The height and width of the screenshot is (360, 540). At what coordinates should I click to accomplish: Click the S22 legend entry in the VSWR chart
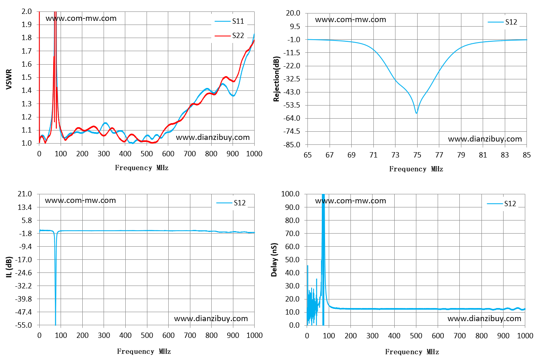coord(229,36)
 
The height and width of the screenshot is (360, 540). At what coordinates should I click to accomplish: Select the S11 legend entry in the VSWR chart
coord(229,21)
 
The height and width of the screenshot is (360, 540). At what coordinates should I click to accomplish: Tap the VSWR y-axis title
coord(9,79)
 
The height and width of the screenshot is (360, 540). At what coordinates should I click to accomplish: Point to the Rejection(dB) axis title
coord(276,79)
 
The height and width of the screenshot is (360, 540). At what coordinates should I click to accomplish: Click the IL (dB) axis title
coord(9,267)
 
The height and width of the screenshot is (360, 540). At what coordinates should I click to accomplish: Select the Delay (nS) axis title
coord(274,259)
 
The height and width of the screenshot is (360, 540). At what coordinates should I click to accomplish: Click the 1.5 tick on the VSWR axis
coord(27,77)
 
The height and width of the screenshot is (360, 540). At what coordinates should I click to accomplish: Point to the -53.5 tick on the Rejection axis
coord(293,105)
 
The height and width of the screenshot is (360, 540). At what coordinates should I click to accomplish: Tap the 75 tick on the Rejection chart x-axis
coord(417,155)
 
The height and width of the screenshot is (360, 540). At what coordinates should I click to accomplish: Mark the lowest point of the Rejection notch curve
coord(416,113)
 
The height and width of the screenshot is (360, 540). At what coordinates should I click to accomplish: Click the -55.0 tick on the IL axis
coord(24,325)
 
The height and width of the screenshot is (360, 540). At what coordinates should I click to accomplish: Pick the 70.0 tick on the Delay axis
coord(292,233)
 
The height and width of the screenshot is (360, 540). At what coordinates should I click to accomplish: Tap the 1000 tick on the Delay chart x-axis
coord(525,336)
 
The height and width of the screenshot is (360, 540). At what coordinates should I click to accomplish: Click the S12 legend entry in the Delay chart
coord(502,204)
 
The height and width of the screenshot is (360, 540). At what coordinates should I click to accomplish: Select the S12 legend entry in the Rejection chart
coord(502,22)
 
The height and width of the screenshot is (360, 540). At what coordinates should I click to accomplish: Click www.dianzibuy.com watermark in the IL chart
coord(211,319)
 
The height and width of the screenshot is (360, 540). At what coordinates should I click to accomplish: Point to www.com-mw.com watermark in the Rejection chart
coord(350,20)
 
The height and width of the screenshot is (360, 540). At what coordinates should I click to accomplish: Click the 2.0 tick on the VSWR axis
coord(27,11)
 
